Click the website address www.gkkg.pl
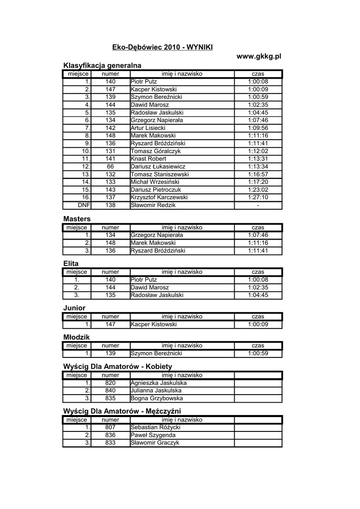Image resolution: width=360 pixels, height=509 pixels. [259, 56]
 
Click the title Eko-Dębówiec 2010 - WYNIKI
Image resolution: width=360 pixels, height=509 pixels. [163, 47]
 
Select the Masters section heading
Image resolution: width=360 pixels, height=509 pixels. [77, 219]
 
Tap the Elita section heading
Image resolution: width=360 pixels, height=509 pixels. [71, 263]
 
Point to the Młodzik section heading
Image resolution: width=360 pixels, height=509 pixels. [77, 337]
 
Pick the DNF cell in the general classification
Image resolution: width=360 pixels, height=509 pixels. [84, 205]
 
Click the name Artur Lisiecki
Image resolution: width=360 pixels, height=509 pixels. [148, 128]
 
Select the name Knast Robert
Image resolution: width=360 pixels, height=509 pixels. [148, 159]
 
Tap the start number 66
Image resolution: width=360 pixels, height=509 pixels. [110, 167]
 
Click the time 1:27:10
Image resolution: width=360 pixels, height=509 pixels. [258, 197]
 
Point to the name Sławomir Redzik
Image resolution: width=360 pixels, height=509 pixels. [153, 205]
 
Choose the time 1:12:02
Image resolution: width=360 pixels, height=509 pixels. [258, 151]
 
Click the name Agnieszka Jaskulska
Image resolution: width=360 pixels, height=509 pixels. [158, 383]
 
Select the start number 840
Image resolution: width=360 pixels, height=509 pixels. [110, 391]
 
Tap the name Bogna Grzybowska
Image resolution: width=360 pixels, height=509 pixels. [157, 399]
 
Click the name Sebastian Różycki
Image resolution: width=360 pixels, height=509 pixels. [155, 427]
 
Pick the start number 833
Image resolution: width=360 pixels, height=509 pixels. [110, 443]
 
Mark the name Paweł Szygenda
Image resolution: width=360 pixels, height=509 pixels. [153, 435]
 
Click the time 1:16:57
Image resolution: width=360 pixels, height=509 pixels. [258, 174]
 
